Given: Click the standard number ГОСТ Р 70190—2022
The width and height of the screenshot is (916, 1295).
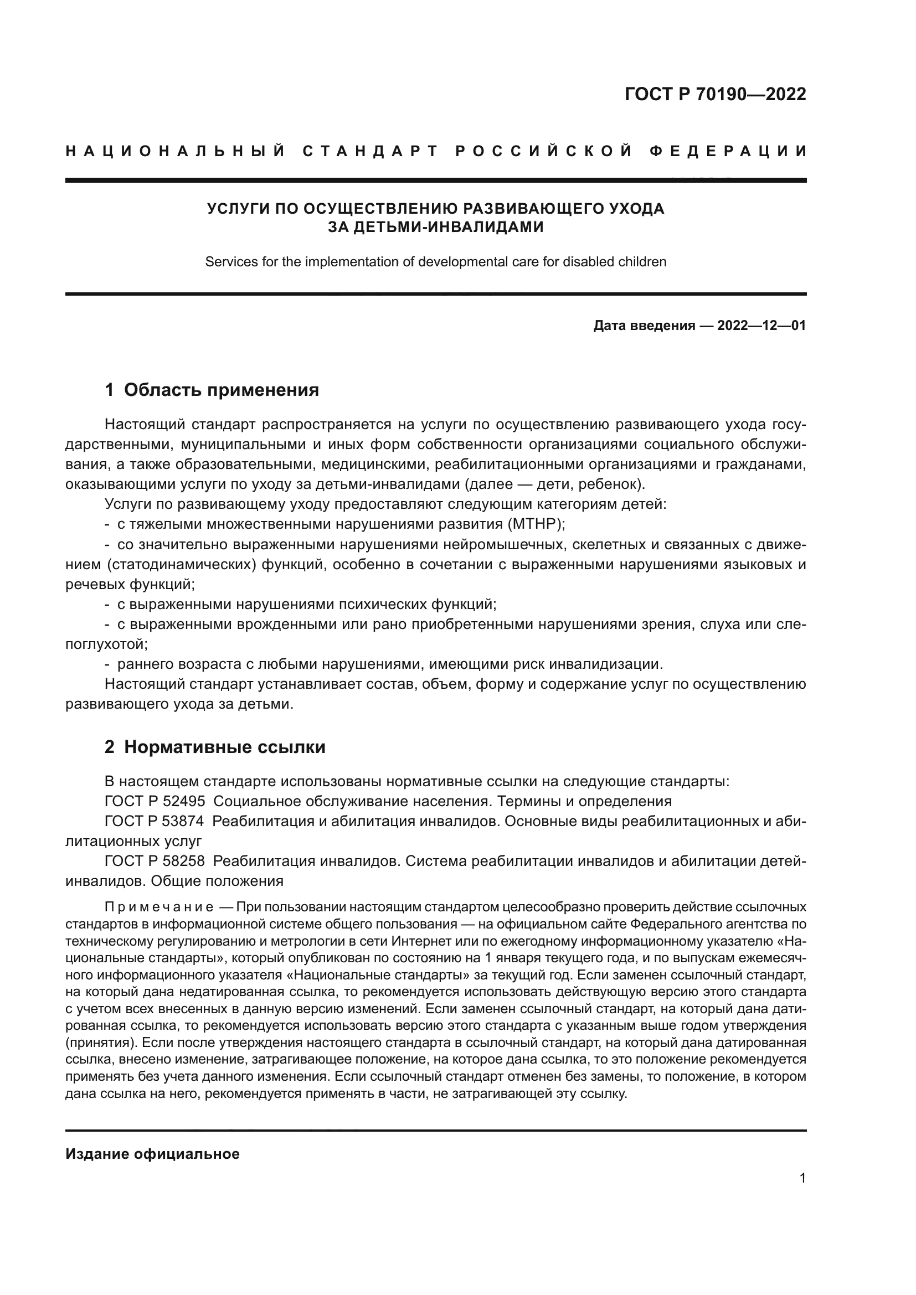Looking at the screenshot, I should click(x=715, y=94).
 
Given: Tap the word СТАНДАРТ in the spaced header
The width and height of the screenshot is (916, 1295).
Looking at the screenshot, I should click(x=370, y=151).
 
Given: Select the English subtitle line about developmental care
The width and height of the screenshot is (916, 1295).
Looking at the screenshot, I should click(x=435, y=262).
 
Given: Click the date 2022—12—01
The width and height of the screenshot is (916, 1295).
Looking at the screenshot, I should click(x=761, y=326).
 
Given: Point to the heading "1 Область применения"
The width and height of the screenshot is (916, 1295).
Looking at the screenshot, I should click(x=212, y=390).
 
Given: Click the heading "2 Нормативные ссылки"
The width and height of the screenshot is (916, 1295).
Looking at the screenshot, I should click(x=215, y=747).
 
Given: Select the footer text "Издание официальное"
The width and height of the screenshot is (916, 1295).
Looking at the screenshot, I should click(x=152, y=1154).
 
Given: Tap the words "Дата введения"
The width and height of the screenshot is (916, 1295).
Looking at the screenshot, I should click(x=644, y=326).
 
